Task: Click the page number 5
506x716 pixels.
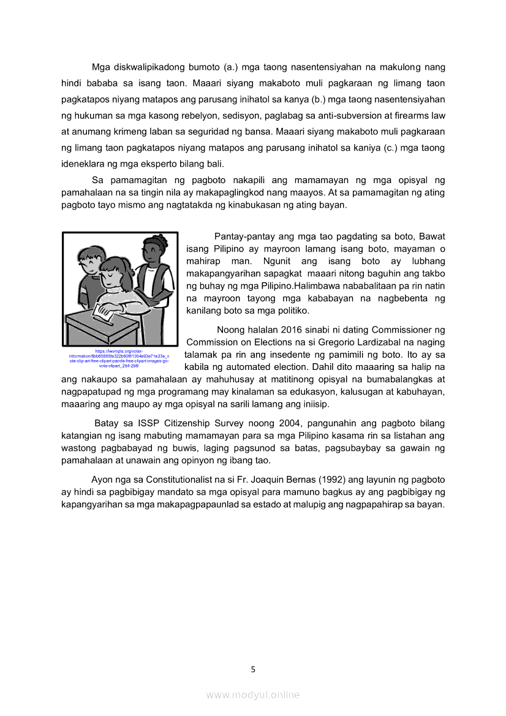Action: (253, 669)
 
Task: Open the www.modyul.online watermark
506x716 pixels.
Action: (253, 695)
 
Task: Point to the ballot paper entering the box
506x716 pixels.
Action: (102, 314)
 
